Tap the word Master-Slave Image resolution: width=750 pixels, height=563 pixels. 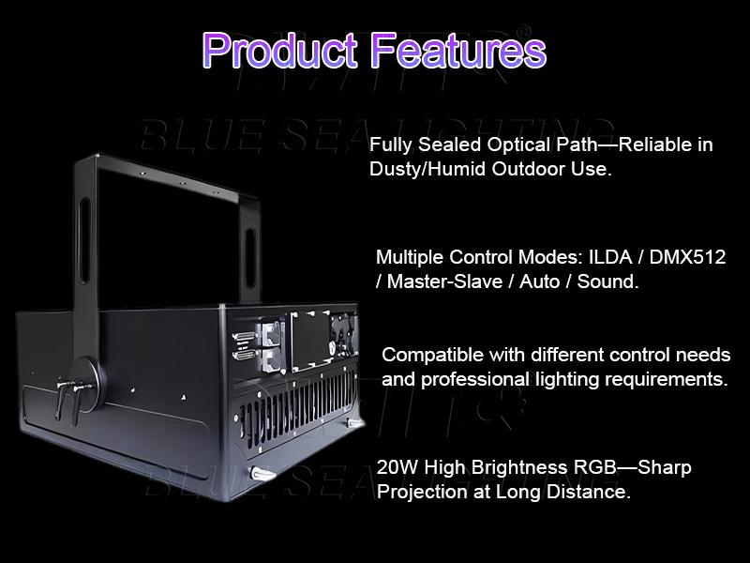pos(447,281)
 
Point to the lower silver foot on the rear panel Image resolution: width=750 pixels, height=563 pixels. pos(262,474)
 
